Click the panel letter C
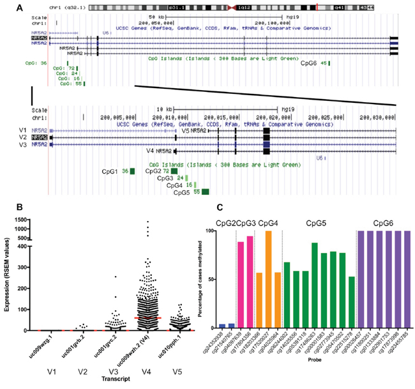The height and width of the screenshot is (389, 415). coord(220,208)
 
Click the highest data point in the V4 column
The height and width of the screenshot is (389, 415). coord(149,222)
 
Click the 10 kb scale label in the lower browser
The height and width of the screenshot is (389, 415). coord(165,109)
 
